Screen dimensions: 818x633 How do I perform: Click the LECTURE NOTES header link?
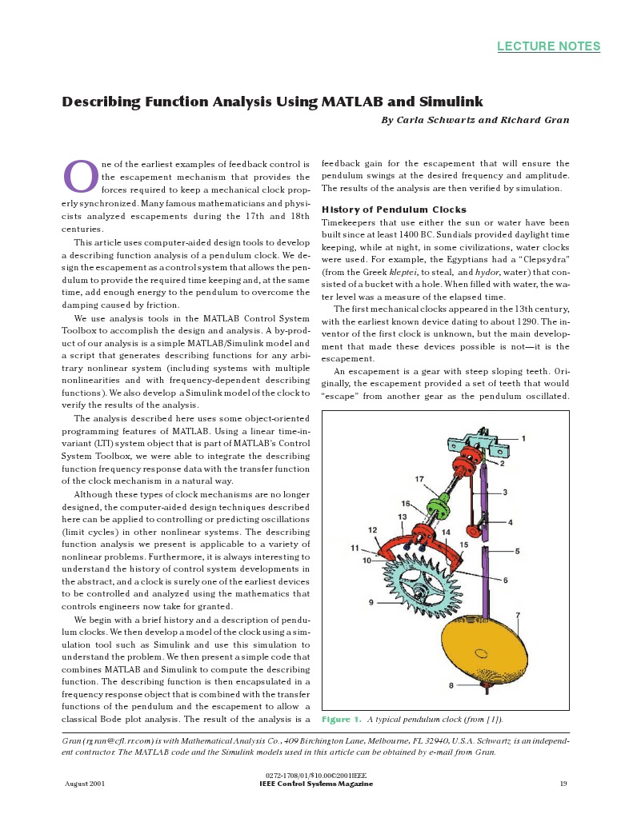pos(548,46)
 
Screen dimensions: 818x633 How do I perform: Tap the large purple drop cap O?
pos(80,177)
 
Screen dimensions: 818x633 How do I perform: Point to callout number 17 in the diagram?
pos(419,478)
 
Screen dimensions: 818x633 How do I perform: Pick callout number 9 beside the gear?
pos(371,601)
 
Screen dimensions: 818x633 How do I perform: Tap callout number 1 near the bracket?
pos(523,438)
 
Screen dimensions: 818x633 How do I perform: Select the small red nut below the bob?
pos(483,684)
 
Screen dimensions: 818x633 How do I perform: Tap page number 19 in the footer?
pos(563,784)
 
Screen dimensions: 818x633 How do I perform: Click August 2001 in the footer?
pos(85,784)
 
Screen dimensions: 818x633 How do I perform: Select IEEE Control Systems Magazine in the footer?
pos(316,784)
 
